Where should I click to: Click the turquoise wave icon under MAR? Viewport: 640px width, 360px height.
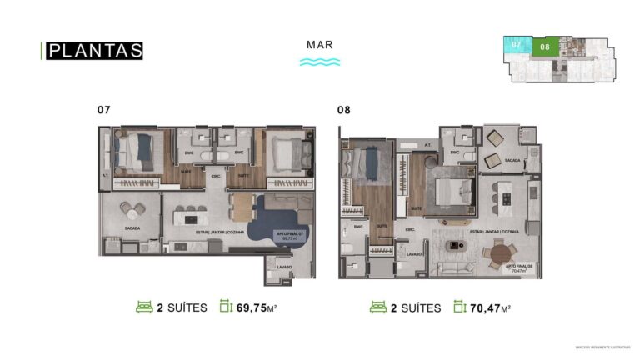coord(319,62)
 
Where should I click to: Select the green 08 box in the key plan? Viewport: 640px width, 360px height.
coord(546,47)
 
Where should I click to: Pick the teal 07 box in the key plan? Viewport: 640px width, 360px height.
coord(517,44)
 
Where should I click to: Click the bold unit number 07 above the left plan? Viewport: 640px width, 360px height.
coord(104,110)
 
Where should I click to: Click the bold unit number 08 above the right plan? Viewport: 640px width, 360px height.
coord(343,110)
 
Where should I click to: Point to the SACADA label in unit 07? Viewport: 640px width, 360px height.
coord(132,227)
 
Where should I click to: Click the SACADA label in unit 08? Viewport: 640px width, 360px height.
coord(512,161)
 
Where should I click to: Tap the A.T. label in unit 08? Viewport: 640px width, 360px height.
coord(427,143)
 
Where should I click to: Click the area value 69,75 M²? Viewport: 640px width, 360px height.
coord(257,307)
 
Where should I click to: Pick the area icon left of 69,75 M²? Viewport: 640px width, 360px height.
coord(225,307)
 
